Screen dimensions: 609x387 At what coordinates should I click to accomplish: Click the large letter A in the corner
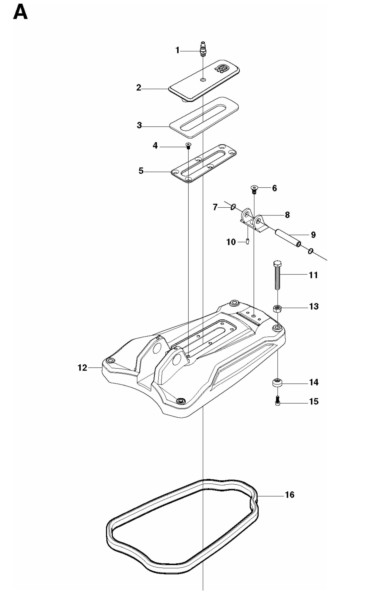[20, 13]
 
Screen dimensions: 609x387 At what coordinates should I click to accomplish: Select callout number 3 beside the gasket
[139, 125]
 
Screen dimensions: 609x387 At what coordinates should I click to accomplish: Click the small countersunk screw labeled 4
[188, 145]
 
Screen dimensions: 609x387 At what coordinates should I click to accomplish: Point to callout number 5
[141, 171]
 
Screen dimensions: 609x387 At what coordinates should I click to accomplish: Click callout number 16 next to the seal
[290, 495]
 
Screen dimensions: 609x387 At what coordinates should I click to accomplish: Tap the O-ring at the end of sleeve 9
[310, 251]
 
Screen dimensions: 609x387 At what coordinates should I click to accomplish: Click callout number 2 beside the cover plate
[139, 88]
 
